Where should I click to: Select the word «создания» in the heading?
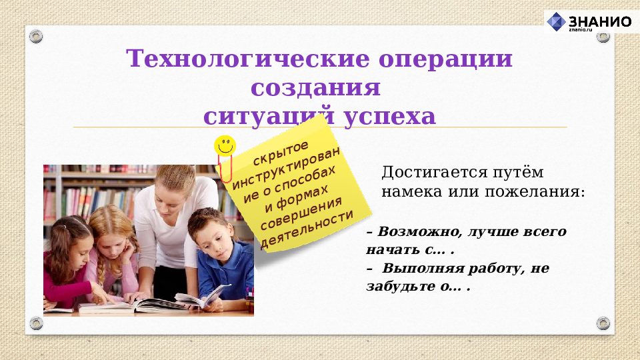(x=315, y=88)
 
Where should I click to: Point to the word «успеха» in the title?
(x=389, y=117)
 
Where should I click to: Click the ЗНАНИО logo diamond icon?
(x=556, y=21)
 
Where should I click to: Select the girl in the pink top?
(x=67, y=260)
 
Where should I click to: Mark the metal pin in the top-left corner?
(x=36, y=35)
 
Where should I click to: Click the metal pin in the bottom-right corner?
(x=603, y=323)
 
